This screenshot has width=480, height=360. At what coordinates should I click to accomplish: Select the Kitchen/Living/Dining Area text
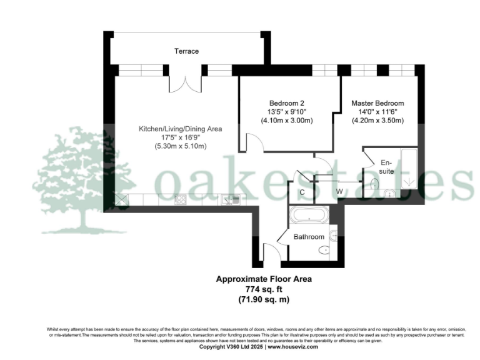point(180,129)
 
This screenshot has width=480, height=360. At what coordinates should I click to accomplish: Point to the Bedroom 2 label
point(286,103)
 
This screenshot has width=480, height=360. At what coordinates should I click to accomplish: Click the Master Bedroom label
point(377,103)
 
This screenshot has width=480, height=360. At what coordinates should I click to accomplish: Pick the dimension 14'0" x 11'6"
point(377,112)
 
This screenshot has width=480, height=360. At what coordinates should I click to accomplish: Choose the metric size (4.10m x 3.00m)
point(286,121)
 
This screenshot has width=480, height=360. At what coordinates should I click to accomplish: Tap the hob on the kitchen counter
point(181,200)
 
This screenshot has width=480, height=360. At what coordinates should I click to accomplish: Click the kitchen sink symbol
point(229,200)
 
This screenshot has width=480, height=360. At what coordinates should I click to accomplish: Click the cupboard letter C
point(302,192)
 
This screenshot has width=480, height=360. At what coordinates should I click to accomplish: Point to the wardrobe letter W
point(340,191)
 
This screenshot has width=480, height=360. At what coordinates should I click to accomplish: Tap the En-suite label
point(386,166)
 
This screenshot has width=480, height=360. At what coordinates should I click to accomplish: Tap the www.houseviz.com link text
point(293,347)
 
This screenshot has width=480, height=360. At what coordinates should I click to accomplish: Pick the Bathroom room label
point(309,237)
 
